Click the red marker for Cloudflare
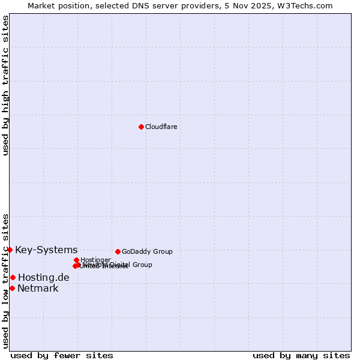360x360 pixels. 141,127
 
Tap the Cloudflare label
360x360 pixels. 161,127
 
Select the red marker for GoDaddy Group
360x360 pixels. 118,251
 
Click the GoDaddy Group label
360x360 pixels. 147,251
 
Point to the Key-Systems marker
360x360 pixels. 10,250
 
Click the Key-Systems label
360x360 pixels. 46,250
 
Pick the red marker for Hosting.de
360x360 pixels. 13,277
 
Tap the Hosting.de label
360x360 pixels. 43,277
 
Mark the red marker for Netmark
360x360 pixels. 12,288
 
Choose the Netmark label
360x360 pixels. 38,288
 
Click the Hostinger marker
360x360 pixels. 76,260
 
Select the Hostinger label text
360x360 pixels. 95,260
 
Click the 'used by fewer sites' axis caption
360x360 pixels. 62,355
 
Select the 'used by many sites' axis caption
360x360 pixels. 301,355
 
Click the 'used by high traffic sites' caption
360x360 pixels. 5,85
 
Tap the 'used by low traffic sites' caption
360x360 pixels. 5,280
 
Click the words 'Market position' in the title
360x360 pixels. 56,5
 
